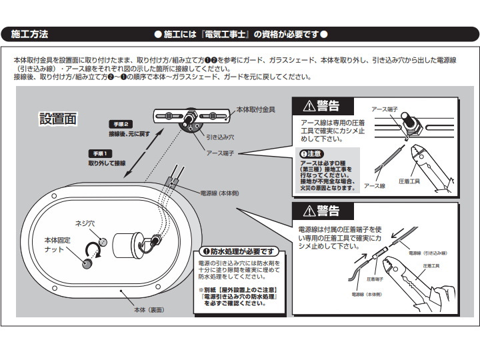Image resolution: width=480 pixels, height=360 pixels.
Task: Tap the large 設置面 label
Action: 59,119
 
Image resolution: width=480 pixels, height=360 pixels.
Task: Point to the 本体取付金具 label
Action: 256,108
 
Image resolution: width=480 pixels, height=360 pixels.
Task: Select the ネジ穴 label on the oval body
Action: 87,224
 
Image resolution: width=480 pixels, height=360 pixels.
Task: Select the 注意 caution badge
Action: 313,153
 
